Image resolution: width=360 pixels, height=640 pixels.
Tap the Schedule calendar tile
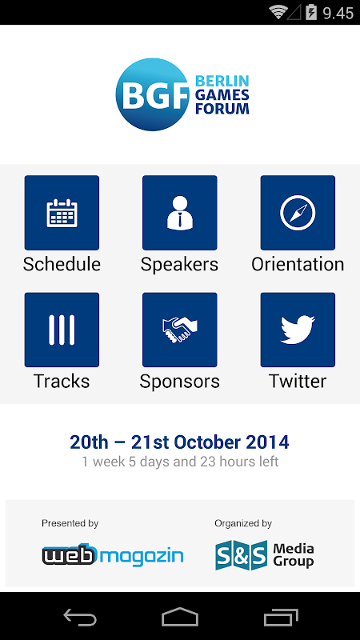tap(62, 213)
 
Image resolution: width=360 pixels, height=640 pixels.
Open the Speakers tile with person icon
tap(179, 213)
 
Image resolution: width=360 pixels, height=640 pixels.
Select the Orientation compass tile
tap(298, 213)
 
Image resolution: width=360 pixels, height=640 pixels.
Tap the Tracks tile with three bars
tap(62, 330)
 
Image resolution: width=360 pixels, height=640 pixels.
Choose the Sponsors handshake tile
tap(179, 330)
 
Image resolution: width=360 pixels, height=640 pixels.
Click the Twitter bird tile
tap(298, 330)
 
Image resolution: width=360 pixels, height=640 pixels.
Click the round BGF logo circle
tap(153, 94)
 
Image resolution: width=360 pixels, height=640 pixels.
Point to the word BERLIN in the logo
tap(222, 81)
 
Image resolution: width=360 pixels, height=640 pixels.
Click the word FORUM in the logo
tap(222, 109)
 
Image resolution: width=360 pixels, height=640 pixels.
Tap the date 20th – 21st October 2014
tap(179, 442)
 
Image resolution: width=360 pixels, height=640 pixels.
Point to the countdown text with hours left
tap(180, 462)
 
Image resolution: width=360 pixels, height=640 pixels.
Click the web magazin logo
tap(113, 555)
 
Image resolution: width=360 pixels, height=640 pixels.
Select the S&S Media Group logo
tap(265, 555)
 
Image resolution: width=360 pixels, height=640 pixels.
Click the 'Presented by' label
tap(70, 523)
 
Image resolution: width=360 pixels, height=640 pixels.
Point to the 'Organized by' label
tap(243, 523)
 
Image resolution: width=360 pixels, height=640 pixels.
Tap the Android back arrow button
tap(80, 617)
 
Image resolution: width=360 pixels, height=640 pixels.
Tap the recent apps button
tap(281, 617)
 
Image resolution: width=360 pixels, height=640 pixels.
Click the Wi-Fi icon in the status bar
tap(278, 12)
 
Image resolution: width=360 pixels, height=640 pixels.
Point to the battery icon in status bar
tap(311, 12)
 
